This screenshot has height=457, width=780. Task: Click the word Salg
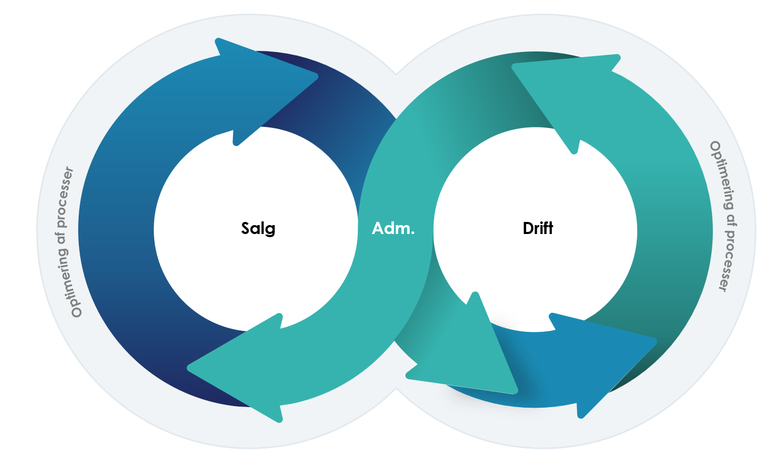point(258,229)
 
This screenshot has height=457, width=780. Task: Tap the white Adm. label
point(393,229)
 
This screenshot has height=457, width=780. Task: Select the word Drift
point(538,228)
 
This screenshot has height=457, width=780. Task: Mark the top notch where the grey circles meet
point(396,74)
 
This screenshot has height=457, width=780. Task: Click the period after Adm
point(413,233)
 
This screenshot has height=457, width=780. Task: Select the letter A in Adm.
point(378,229)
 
